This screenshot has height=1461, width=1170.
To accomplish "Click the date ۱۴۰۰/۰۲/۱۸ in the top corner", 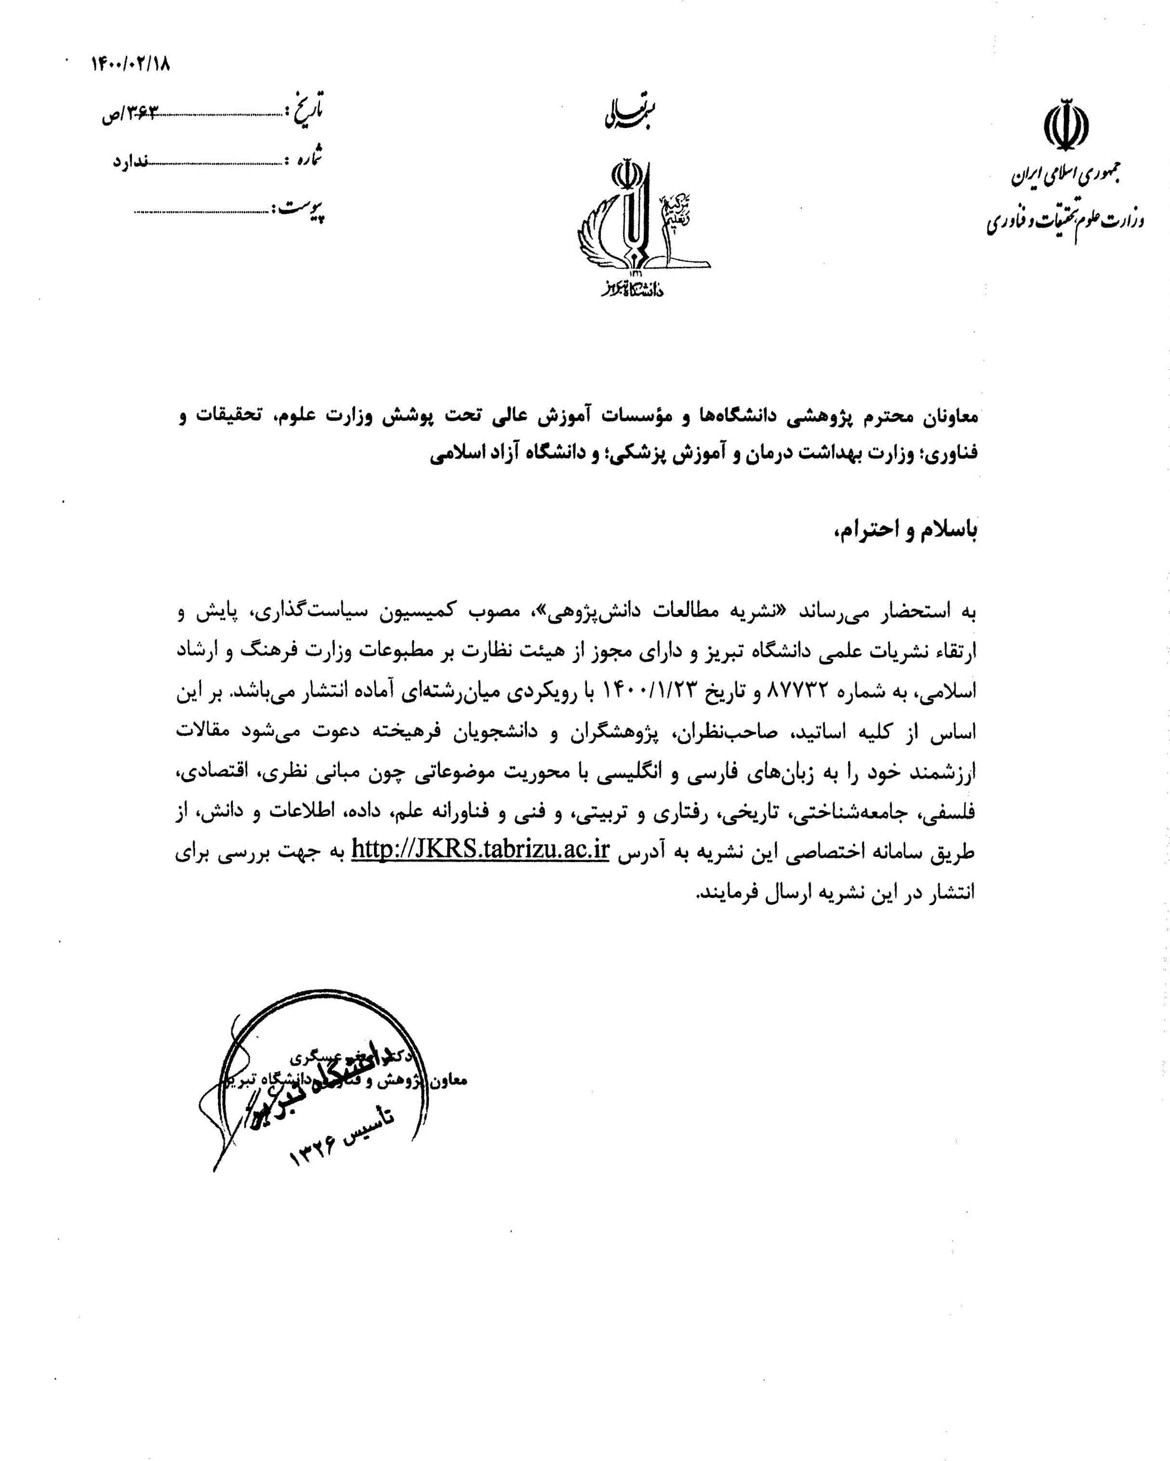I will (130, 65).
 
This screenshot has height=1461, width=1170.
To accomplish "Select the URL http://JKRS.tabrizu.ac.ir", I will (481, 850).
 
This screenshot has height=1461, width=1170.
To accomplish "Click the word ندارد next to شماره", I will (130, 163).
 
